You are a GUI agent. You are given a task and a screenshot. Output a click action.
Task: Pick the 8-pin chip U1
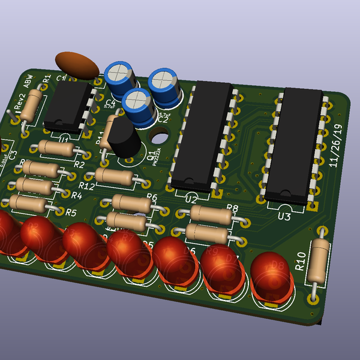tap(68, 106)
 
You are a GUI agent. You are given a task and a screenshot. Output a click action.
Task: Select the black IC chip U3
tap(294, 144)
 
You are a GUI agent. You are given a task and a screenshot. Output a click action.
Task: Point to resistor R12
tap(115, 176)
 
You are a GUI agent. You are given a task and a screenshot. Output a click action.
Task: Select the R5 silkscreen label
tap(71, 212)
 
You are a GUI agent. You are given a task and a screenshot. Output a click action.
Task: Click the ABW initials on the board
tap(28, 81)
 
